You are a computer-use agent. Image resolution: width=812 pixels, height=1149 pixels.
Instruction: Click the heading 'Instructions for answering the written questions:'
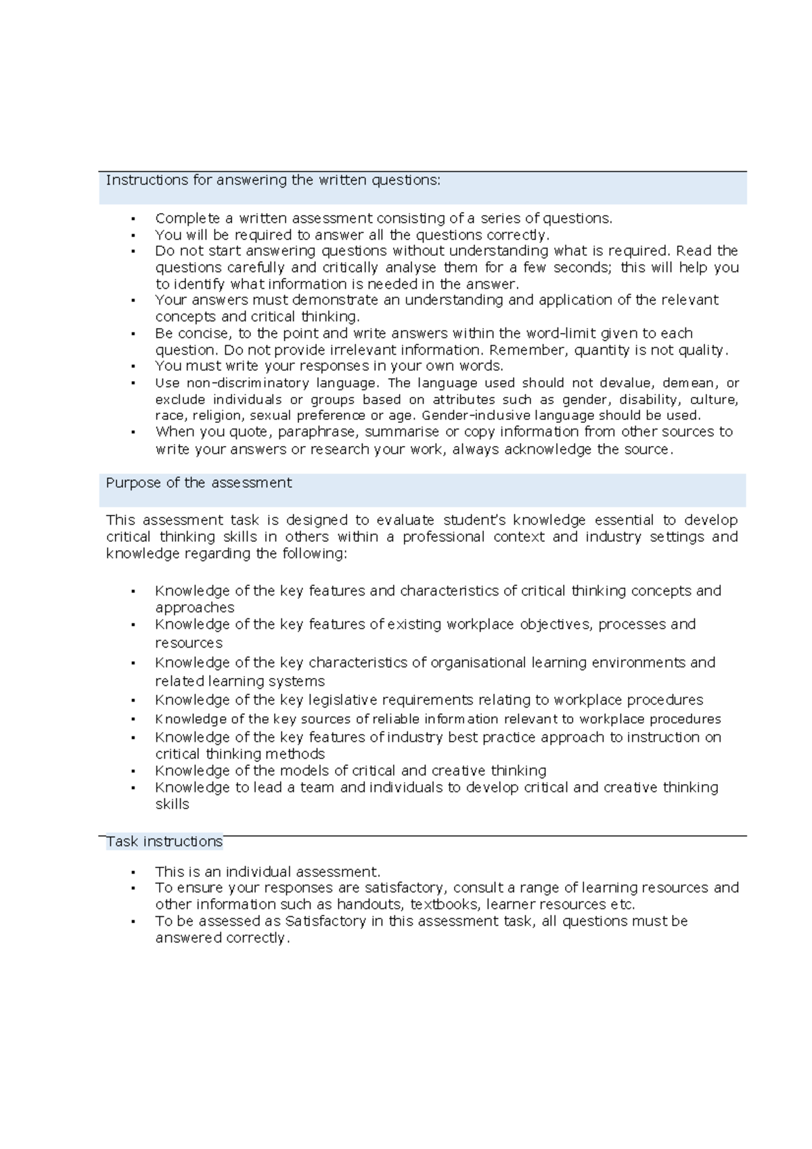tap(273, 181)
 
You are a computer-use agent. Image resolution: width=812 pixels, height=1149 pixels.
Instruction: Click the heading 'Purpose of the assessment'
tap(198, 483)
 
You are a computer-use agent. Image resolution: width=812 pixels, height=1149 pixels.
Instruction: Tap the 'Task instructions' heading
tap(164, 842)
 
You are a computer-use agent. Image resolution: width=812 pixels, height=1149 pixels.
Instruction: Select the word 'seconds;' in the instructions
tap(582, 268)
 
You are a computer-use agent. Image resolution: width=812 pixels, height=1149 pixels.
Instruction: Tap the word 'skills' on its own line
tap(172, 805)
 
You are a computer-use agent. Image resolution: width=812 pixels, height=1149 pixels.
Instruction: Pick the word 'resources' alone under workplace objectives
tap(189, 644)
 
